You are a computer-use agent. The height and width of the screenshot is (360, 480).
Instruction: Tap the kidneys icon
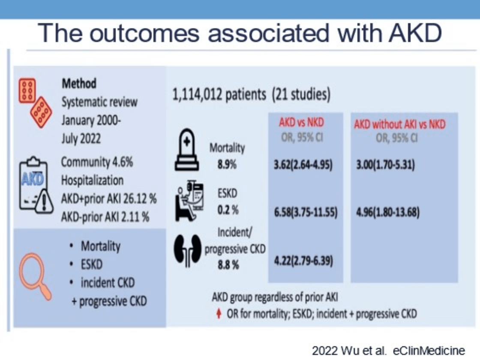188,250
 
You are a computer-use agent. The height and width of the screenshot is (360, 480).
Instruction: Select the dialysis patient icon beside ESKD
189,201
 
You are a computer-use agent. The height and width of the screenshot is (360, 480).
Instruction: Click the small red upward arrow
219,313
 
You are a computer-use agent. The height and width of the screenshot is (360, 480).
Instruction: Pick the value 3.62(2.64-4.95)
303,165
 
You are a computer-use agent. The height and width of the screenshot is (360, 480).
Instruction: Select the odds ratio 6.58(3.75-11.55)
306,212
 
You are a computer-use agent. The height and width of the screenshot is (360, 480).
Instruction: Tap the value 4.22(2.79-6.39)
303,261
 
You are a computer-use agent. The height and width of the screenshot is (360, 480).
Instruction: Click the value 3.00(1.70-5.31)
385,165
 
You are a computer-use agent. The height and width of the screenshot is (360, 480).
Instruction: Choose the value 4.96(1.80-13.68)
388,212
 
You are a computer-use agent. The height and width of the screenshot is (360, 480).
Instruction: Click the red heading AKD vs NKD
302,123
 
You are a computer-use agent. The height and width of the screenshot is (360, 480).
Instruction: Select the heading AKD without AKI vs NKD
400,124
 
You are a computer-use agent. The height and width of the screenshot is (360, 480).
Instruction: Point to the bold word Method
79,83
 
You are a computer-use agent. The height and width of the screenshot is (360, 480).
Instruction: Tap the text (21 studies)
301,94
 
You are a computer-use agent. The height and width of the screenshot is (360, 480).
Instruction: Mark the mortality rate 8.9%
227,165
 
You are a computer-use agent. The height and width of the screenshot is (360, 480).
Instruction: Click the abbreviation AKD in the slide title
415,33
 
